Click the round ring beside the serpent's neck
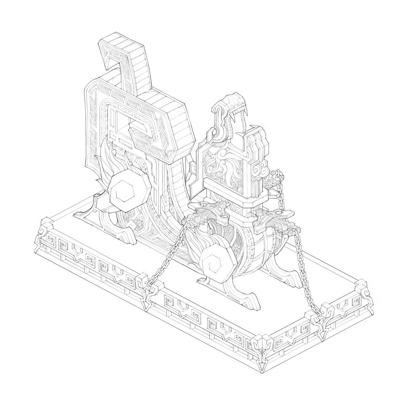click(215, 131)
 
